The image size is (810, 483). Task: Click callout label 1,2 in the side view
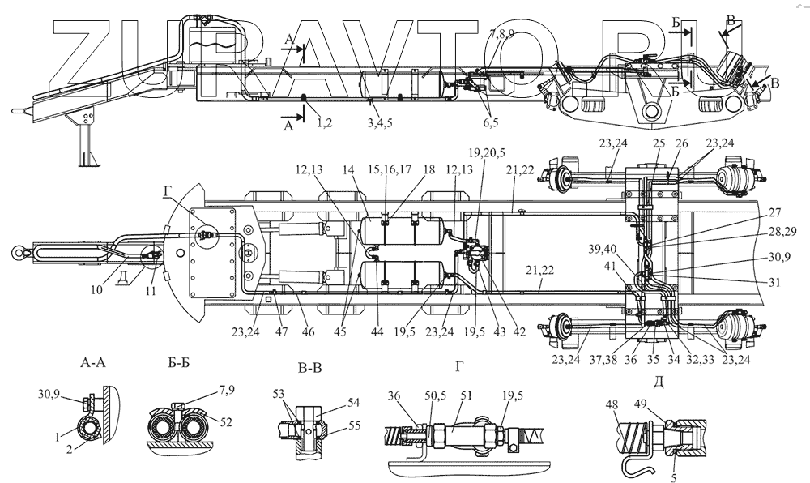(x=325, y=122)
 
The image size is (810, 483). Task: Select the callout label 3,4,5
(x=380, y=122)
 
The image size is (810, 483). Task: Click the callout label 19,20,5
(x=485, y=152)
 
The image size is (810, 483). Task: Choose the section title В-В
(x=310, y=369)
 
